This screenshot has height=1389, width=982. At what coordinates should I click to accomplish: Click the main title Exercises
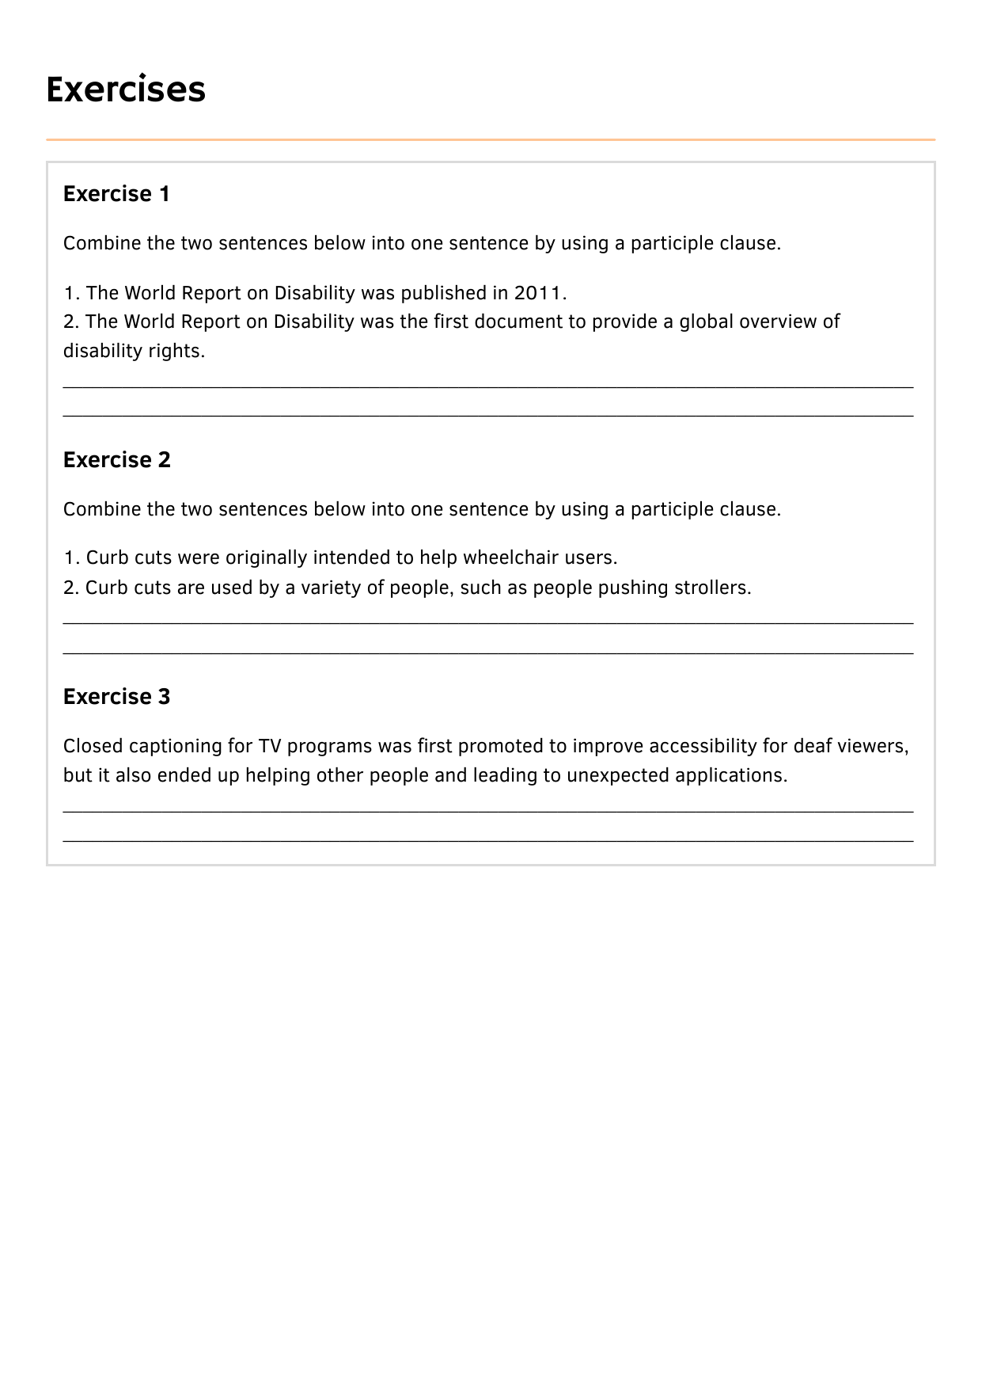tap(126, 89)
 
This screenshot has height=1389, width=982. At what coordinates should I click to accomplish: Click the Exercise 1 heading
tap(116, 194)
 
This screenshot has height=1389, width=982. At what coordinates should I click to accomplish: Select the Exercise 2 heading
tap(116, 460)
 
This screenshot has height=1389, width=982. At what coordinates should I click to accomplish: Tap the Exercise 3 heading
tap(116, 697)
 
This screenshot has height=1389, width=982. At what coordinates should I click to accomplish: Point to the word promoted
tap(501, 746)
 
